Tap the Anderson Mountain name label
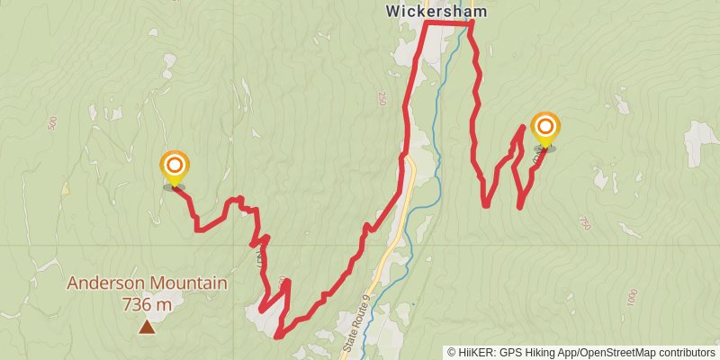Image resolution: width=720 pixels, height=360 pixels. [x=147, y=283]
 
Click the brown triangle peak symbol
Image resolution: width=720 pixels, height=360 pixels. [x=147, y=328]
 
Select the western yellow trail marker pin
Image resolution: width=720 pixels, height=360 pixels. [x=175, y=167]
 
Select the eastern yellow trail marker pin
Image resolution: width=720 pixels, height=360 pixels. [x=544, y=129]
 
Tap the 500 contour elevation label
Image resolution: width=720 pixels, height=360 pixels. [x=52, y=123]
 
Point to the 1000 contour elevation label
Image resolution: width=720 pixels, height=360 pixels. [x=631, y=296]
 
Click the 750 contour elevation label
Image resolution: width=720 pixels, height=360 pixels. [x=586, y=222]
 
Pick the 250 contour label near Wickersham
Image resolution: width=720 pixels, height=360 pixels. [x=382, y=97]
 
